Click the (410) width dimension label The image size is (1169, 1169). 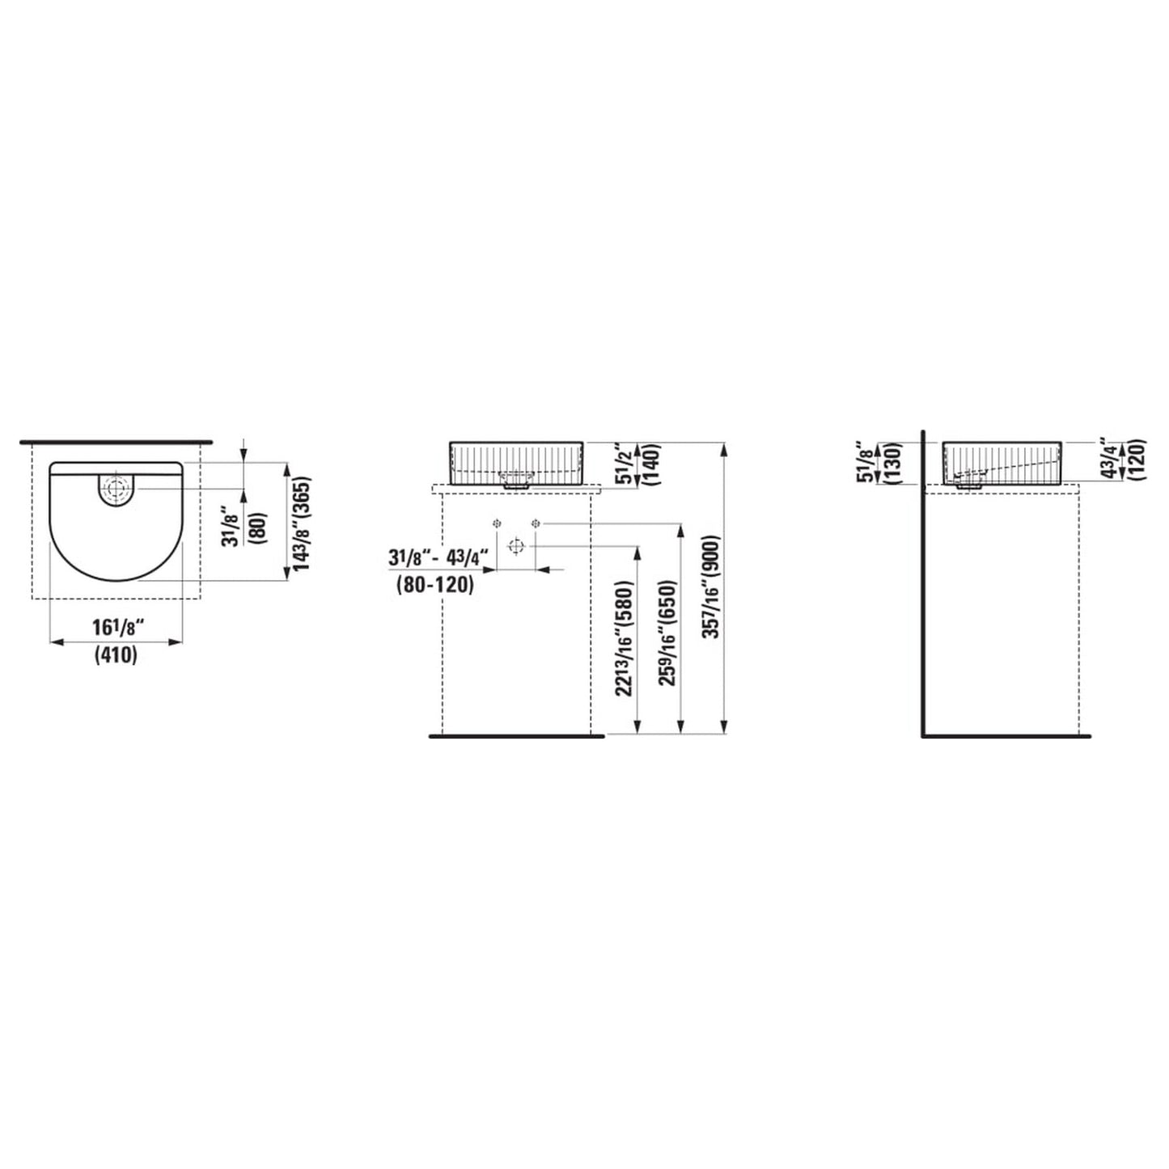pos(116,656)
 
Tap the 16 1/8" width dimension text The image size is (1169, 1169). pos(119,627)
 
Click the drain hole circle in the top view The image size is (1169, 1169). pos(115,488)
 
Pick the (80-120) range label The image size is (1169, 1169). pos(434,585)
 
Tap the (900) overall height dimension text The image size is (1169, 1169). pos(712,561)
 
